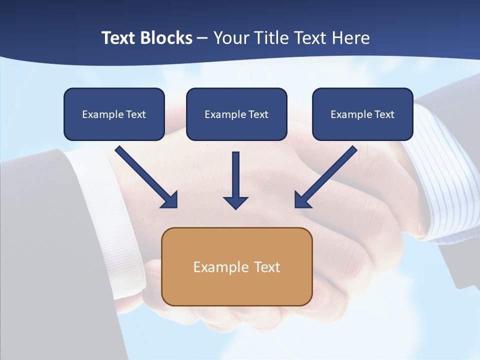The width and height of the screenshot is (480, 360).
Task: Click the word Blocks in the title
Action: [166, 38]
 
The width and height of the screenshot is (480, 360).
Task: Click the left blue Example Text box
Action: [114, 114]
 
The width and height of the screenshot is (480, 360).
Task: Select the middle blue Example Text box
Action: [236, 114]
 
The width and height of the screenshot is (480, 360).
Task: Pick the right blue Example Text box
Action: [362, 114]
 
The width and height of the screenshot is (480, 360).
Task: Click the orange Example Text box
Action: [236, 266]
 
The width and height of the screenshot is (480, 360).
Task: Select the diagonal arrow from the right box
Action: [327, 175]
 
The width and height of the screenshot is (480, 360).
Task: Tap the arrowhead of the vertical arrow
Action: [236, 202]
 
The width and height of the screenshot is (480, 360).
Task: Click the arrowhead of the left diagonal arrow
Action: [170, 200]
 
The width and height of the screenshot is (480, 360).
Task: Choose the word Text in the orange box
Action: [266, 267]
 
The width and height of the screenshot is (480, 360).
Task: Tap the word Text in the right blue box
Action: [384, 114]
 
